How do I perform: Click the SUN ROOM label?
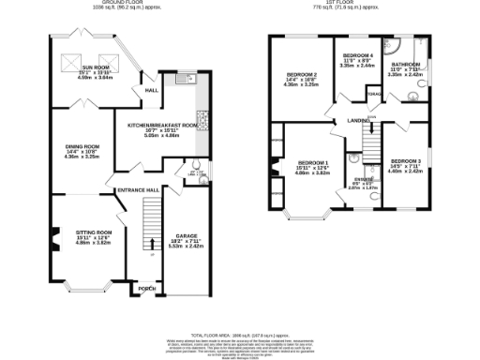[94, 68]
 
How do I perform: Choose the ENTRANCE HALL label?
[134, 190]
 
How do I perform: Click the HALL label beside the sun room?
[150, 91]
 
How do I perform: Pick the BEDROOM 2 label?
[302, 74]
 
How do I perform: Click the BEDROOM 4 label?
[356, 57]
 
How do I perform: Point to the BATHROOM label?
[406, 65]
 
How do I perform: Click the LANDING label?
[356, 121]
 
